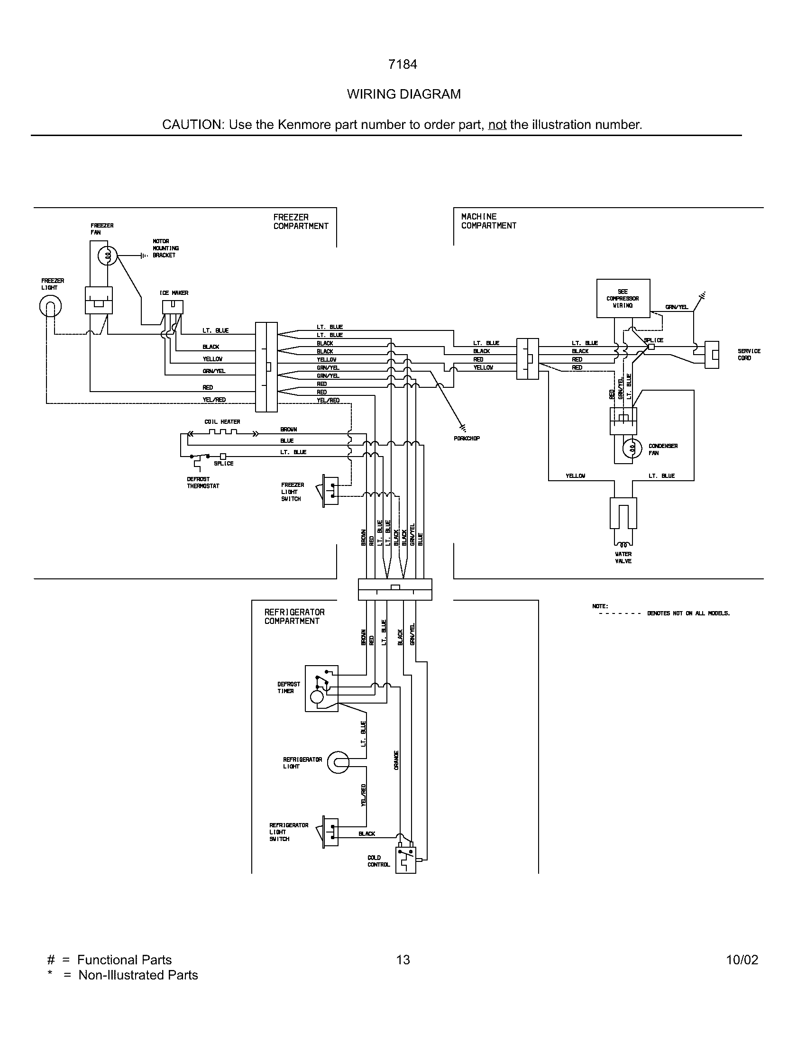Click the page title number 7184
403,64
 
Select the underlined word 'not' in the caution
497,125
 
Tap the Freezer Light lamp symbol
50,307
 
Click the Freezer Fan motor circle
107,256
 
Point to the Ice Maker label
174,293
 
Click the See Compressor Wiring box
623,299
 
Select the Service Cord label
749,354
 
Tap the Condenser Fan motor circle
632,448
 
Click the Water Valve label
623,558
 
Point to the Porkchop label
467,439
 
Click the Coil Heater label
222,421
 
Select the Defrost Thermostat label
203,482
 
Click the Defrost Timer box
321,688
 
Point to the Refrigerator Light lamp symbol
338,763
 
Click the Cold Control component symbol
406,860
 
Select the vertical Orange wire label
396,760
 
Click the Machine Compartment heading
488,221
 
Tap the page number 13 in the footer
403,960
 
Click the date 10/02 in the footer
742,960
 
